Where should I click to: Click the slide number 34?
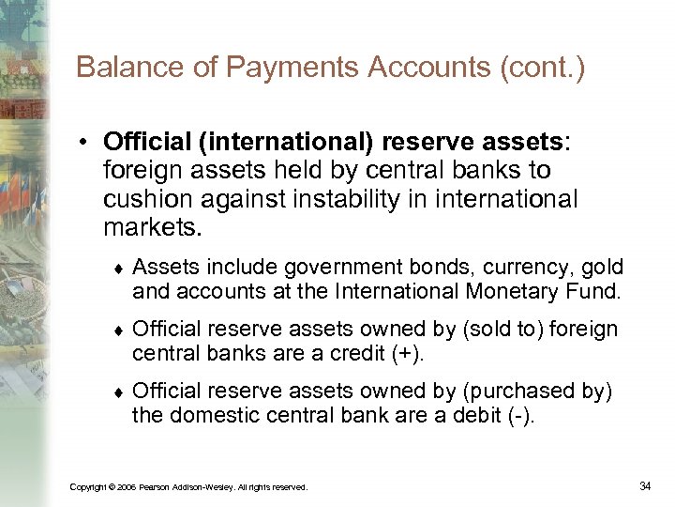point(645,485)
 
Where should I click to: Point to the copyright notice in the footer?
point(188,486)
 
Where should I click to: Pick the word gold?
point(601,269)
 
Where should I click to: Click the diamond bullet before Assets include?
point(119,269)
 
